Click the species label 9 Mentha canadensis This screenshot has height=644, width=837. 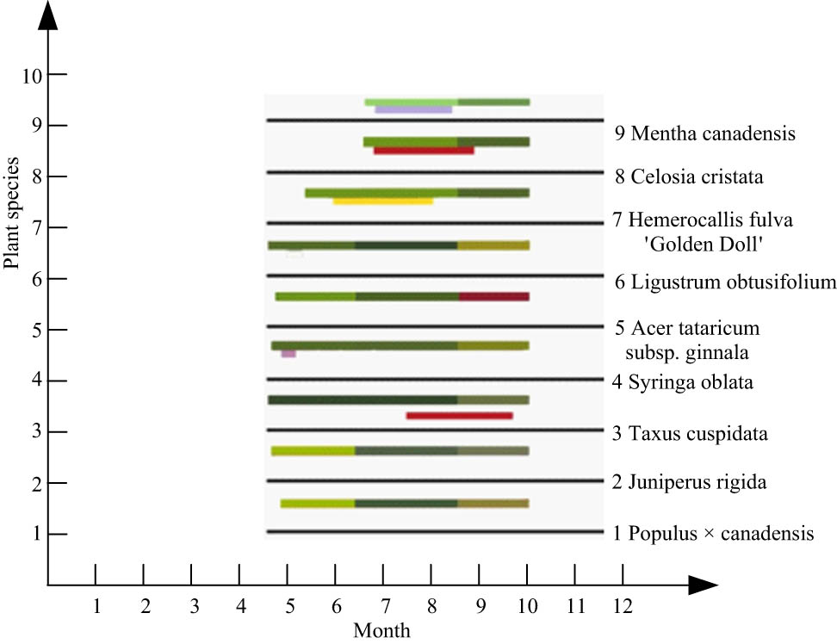point(704,133)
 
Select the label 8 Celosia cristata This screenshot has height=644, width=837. point(690,177)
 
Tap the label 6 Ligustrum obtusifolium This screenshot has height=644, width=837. point(725,282)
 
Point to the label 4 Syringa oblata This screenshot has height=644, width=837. point(682,382)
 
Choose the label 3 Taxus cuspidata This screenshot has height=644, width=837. point(691,432)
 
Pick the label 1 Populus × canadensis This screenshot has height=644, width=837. point(713,534)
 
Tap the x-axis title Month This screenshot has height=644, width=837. point(381,630)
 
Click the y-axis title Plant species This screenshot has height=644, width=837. point(12,213)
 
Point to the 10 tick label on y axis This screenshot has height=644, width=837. point(32,75)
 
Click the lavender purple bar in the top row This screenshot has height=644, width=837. point(413,110)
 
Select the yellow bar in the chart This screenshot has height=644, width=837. point(382,201)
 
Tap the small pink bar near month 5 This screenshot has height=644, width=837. point(288,354)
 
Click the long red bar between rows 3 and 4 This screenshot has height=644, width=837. point(459,416)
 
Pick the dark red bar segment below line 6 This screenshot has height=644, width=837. point(493,296)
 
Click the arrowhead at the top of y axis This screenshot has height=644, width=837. point(48,15)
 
